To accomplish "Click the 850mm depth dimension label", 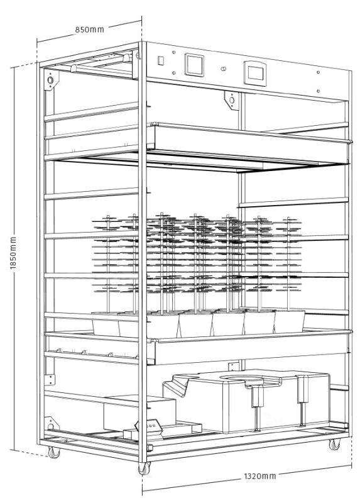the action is click(x=89, y=30).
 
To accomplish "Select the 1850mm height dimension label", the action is click(x=13, y=253).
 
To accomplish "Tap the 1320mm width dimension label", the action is click(x=259, y=476).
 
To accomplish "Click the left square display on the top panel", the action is click(x=194, y=65).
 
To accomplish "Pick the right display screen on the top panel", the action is click(x=255, y=74).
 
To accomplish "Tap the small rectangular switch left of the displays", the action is click(x=161, y=60).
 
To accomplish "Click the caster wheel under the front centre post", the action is click(x=144, y=468).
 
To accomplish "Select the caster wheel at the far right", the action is click(x=334, y=445).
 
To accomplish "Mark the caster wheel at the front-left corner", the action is click(x=54, y=452).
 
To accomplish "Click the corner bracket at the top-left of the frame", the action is click(x=52, y=80).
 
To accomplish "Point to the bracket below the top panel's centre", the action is click(x=232, y=101).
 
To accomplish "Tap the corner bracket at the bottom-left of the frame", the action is click(x=52, y=424).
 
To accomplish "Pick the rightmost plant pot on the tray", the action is click(x=290, y=321).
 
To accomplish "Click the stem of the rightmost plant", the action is click(x=288, y=263).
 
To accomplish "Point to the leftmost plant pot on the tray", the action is click(x=106, y=324).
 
